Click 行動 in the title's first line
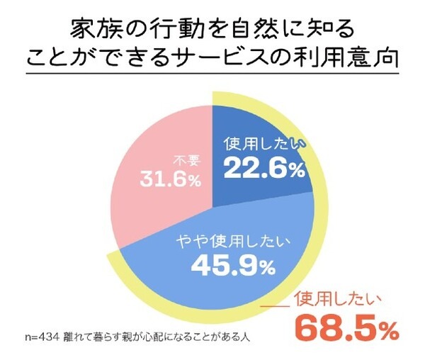(x=166, y=28)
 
